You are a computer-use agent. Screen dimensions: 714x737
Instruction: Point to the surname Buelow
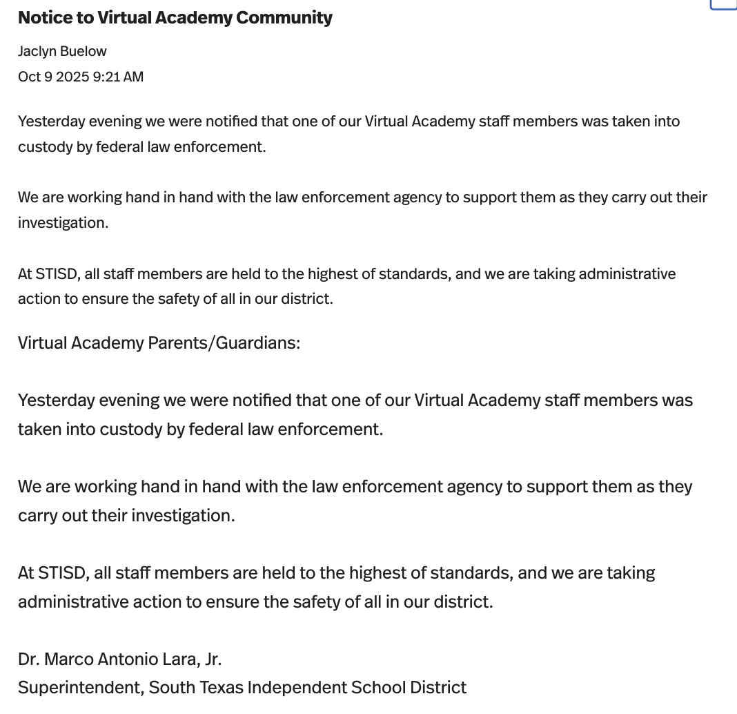84,52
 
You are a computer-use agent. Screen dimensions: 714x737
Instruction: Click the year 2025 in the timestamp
72,77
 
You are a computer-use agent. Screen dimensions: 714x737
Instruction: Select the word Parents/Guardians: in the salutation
224,343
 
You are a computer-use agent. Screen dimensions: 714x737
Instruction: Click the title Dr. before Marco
28,659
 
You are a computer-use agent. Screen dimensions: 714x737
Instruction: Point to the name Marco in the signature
68,659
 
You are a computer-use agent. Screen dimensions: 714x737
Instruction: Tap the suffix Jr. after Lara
211,659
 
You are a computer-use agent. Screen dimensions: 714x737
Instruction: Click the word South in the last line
170,688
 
